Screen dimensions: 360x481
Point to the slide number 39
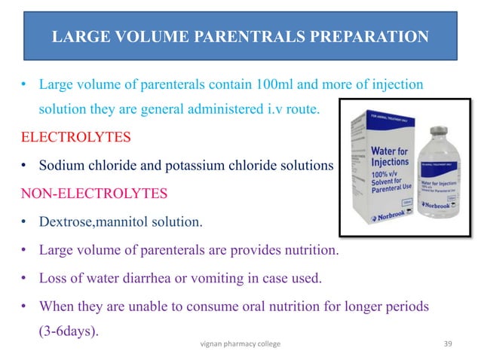(x=450, y=343)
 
